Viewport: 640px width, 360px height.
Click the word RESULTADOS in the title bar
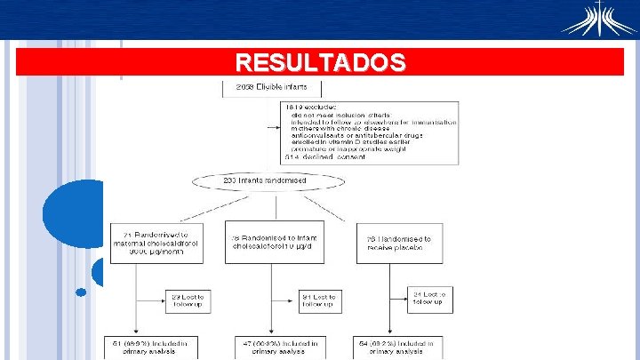320,62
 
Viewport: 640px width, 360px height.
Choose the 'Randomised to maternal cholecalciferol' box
156,241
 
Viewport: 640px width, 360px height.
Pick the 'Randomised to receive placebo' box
399,243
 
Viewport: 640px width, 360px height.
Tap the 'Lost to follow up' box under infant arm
318,300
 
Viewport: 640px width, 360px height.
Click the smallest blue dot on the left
81,292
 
